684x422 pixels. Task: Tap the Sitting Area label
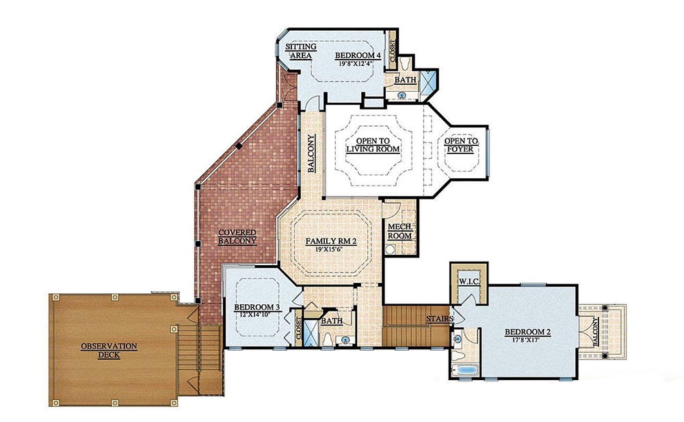300,51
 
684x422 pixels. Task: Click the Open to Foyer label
461,145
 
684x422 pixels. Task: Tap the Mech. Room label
399,231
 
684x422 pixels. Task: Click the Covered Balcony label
237,236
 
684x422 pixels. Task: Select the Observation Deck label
109,350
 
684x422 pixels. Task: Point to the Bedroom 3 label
257,307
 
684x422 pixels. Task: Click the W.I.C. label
469,281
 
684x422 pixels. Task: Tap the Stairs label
438,319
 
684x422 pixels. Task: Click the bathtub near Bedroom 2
466,371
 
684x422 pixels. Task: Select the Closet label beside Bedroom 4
393,50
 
